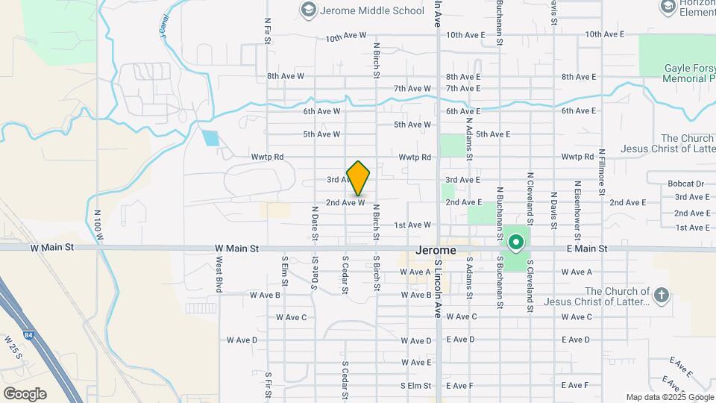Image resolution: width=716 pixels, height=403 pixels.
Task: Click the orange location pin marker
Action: (359, 178)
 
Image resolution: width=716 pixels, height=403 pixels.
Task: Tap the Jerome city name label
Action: (436, 251)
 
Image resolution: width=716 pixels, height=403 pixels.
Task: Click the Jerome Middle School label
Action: (372, 10)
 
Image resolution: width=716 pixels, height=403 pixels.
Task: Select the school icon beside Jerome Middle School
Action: (307, 10)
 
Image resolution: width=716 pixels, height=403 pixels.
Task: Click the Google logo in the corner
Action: (25, 393)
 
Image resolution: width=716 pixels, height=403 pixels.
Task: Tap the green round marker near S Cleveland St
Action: (515, 243)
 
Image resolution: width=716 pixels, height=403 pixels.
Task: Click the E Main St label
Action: (588, 248)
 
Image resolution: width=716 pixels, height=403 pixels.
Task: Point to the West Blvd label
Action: (219, 275)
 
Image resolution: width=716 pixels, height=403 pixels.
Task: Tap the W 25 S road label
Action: (13, 347)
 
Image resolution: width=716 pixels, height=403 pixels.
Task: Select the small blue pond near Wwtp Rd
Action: (211, 137)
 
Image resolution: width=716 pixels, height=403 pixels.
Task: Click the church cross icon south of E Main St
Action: (661, 296)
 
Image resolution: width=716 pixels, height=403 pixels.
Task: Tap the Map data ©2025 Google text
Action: (669, 397)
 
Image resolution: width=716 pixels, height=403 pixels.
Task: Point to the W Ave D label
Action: (240, 340)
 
